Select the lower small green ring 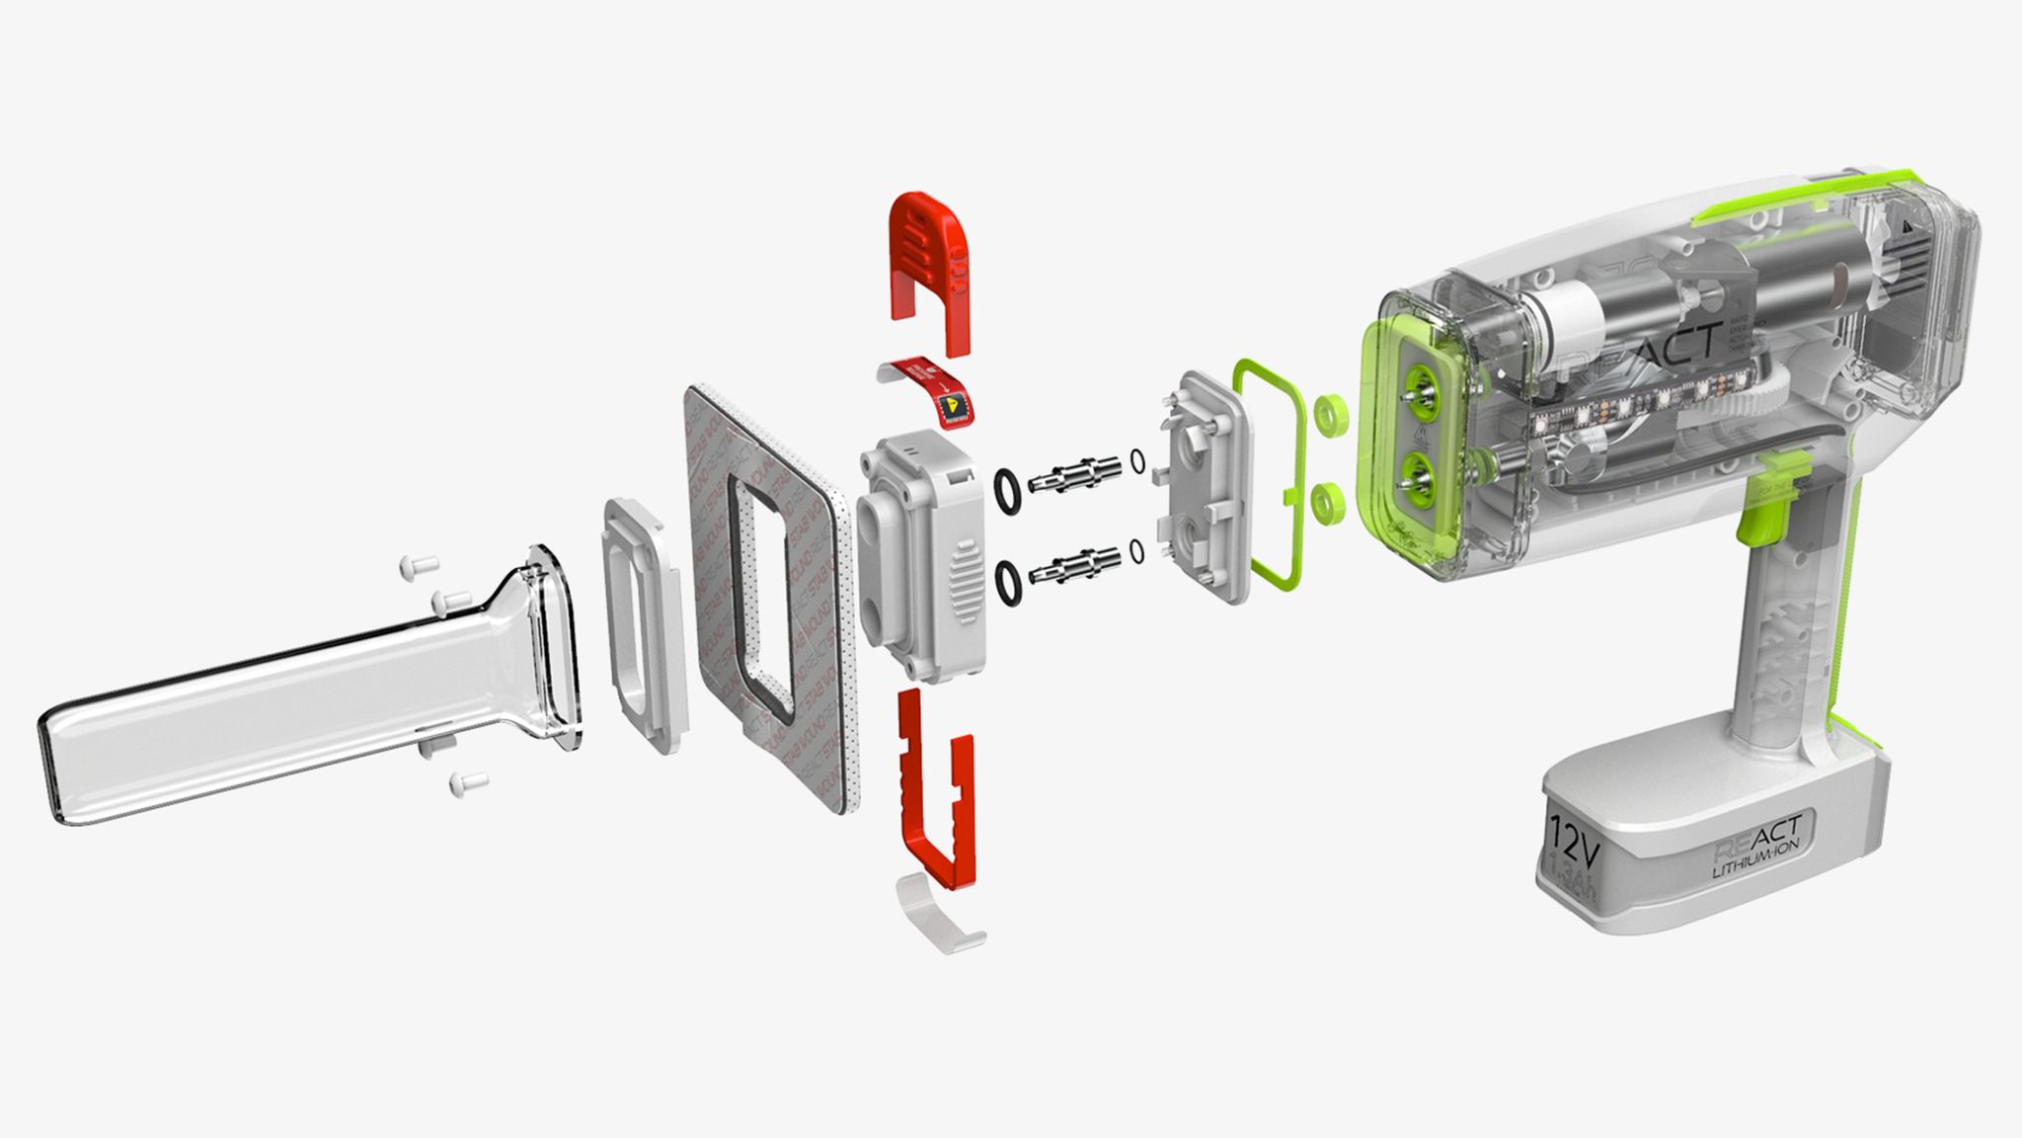point(1329,503)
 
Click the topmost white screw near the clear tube point(417,566)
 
